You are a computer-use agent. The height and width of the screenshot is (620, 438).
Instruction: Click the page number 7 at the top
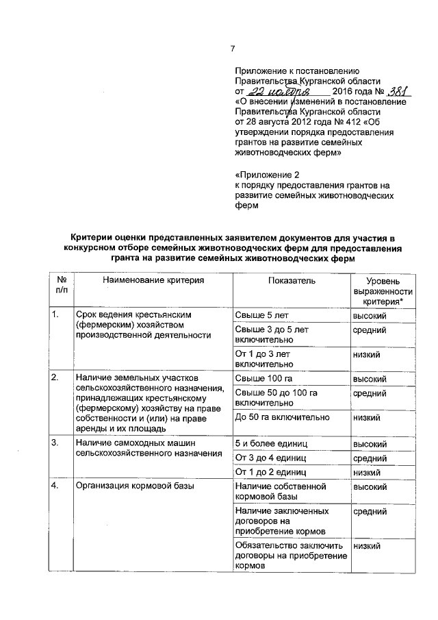point(233,48)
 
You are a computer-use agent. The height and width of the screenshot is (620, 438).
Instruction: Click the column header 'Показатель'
point(291,282)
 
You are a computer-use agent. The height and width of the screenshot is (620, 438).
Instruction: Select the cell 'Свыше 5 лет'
point(262,316)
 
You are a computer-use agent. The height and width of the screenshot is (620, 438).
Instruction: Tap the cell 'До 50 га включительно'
point(282,417)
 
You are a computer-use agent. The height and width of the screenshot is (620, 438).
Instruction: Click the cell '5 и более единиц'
point(268,443)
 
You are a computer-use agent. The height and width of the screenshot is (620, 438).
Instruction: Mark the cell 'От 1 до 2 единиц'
point(270,472)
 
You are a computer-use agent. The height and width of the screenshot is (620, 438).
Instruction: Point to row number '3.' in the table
point(55,443)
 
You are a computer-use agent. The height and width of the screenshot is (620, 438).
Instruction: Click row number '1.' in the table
point(55,315)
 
